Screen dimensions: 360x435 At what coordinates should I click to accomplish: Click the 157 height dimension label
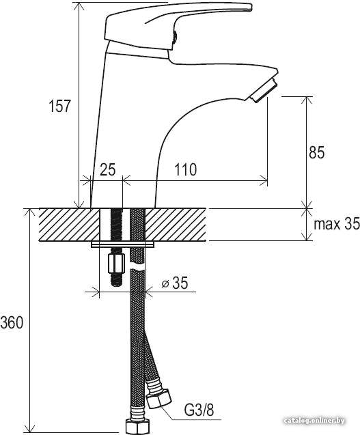point(60,106)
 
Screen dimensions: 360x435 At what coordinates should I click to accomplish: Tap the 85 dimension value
point(316,152)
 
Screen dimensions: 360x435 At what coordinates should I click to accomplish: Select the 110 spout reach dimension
point(185,169)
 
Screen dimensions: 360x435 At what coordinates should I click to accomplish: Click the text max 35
point(337,223)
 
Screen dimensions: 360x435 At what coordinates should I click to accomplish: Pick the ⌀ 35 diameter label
point(175,283)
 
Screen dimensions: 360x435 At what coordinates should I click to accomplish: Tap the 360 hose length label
point(12,322)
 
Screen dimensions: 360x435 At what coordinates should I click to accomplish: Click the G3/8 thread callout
point(199,409)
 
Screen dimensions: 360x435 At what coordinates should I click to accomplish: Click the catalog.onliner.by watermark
point(314,421)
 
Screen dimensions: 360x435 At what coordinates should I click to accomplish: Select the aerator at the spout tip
point(263,90)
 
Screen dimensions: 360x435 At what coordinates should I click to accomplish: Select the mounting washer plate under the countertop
point(123,244)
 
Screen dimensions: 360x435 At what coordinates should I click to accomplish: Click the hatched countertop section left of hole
point(69,225)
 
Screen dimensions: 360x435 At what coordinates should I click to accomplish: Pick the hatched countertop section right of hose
point(176,225)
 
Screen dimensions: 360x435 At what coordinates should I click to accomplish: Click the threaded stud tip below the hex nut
point(117,281)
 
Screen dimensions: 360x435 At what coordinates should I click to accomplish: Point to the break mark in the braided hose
point(138,268)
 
